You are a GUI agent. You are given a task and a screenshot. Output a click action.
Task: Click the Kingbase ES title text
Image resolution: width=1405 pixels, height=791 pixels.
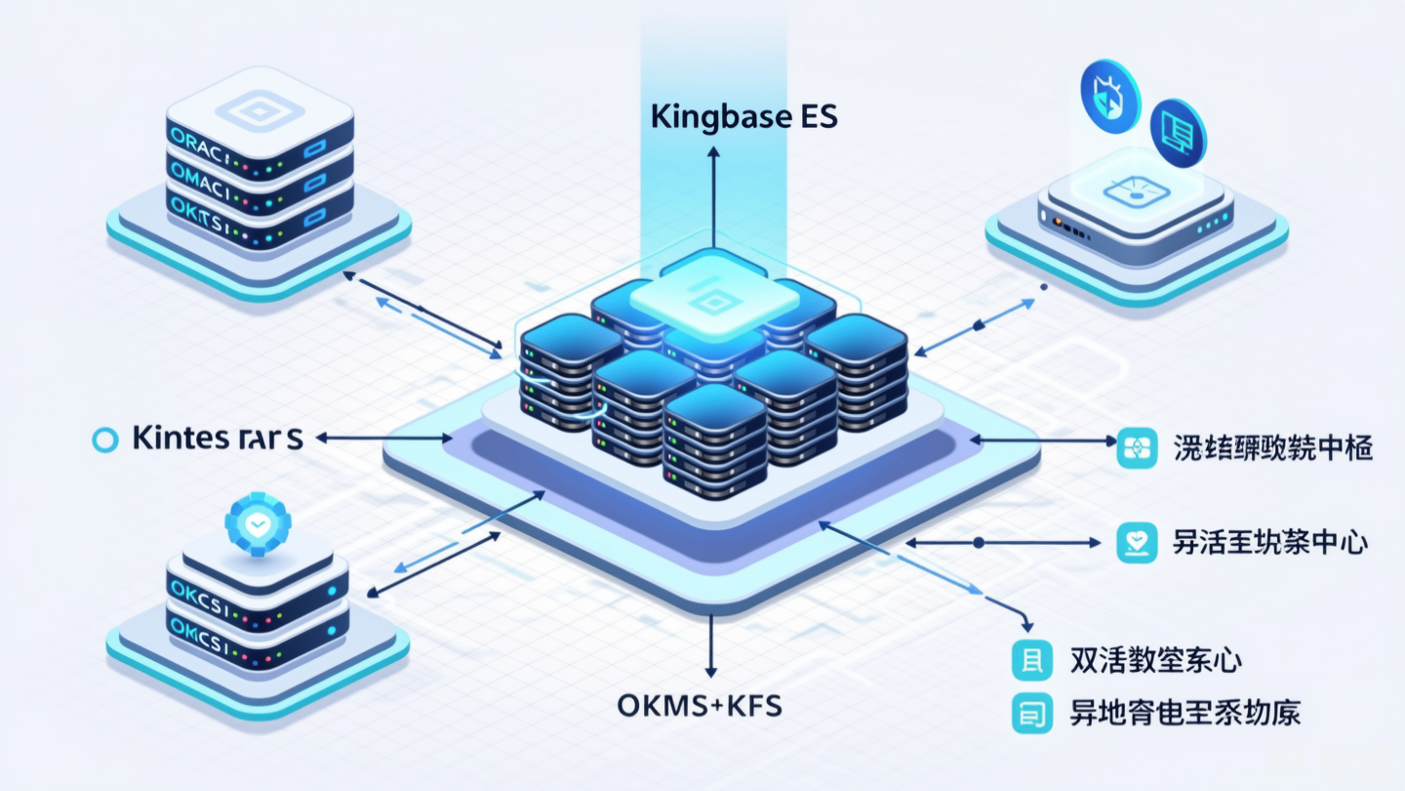click(743, 117)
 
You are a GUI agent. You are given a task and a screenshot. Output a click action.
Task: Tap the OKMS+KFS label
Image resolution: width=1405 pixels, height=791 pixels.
click(700, 705)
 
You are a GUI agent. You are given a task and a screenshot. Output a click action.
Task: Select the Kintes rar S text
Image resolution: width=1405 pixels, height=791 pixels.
click(217, 438)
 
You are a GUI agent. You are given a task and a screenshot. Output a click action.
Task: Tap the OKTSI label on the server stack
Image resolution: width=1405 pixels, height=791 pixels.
click(197, 209)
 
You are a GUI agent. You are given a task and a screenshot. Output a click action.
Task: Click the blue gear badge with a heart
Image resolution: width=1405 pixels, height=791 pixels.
click(258, 524)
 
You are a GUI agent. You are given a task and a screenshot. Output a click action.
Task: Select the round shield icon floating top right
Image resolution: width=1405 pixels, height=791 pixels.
click(1110, 94)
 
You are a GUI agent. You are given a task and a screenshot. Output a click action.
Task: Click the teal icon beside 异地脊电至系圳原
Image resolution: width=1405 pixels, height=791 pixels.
click(1032, 714)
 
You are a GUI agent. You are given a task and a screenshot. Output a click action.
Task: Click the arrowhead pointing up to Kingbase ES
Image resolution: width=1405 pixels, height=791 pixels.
click(713, 153)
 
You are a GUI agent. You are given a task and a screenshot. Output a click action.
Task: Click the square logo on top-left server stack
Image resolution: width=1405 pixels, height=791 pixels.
click(259, 113)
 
